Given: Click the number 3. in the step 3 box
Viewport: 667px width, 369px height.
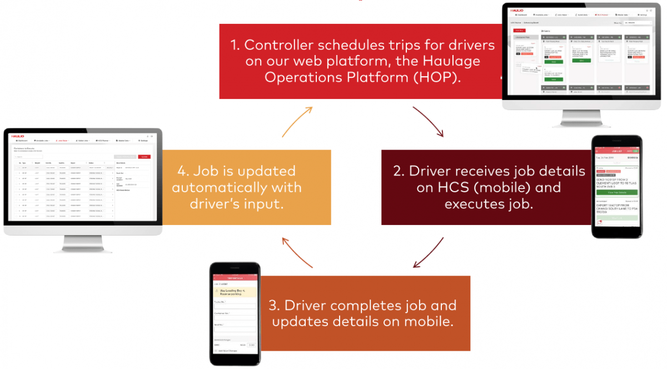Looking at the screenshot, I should [x=274, y=306].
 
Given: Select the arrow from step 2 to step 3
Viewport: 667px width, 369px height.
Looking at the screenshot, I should [x=428, y=253].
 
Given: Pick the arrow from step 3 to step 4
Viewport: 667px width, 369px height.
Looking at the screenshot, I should [x=297, y=253].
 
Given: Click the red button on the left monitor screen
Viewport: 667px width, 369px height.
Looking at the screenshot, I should [x=145, y=157].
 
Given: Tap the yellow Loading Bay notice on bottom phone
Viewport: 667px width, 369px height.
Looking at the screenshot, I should [x=235, y=292].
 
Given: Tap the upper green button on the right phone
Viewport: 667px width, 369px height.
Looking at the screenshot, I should [x=617, y=192].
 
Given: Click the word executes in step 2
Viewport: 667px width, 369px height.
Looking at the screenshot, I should [x=476, y=205].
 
